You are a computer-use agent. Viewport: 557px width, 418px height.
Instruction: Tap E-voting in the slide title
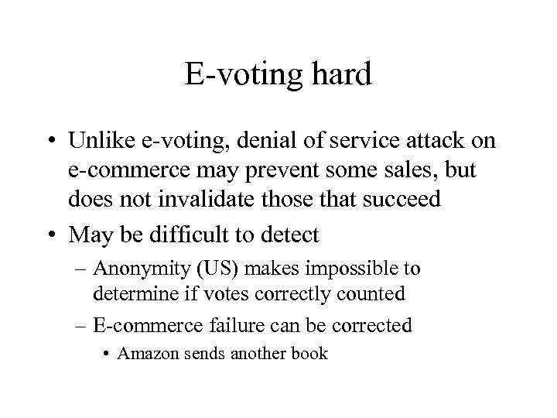(241, 76)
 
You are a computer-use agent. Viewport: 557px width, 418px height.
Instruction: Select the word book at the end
(311, 354)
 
